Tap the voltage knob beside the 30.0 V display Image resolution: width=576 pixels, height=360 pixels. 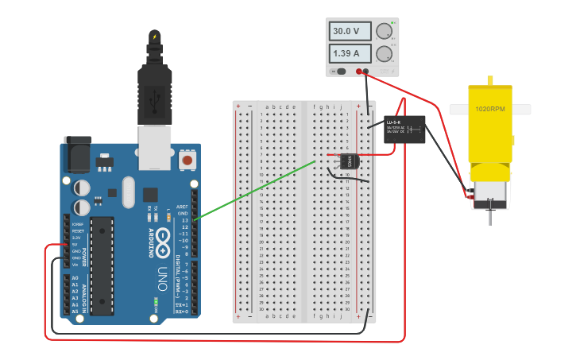pyautogui.click(x=384, y=32)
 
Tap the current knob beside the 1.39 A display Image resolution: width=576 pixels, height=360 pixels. pyautogui.click(x=384, y=54)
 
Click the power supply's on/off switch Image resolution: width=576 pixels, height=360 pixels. pyautogui.click(x=341, y=72)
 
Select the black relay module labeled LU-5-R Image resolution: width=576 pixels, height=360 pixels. pyautogui.click(x=404, y=129)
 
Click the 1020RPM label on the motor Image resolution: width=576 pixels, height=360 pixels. pyautogui.click(x=490, y=109)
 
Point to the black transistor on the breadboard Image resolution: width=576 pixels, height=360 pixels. pyautogui.click(x=350, y=161)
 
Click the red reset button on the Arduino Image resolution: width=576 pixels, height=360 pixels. pyautogui.click(x=187, y=160)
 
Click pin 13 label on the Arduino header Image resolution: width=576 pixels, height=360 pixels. pyautogui.click(x=184, y=220)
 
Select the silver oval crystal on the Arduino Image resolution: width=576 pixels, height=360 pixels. pyautogui.click(x=129, y=192)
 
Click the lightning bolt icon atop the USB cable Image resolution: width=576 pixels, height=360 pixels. pyautogui.click(x=154, y=36)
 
